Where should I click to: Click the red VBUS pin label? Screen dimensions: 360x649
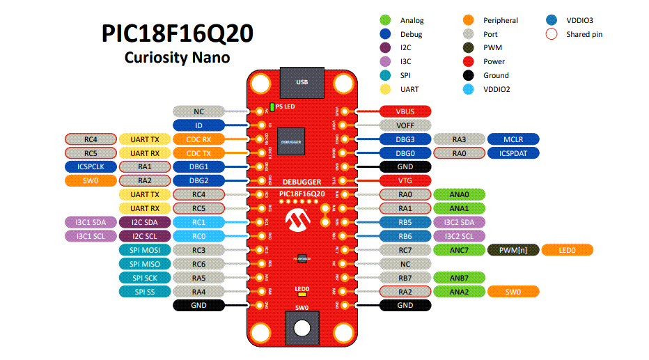[x=405, y=111]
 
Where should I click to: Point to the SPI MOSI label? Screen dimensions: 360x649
[x=145, y=250]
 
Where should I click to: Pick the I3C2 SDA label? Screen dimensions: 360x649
[x=459, y=222]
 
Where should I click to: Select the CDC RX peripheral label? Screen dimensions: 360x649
[x=198, y=139]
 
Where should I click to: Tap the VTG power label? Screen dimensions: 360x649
[x=405, y=180]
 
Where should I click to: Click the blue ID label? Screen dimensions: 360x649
[x=198, y=125]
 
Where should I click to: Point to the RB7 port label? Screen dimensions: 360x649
[x=405, y=277]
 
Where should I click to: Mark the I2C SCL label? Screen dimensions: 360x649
[x=145, y=236]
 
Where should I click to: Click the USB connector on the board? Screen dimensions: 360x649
[x=302, y=83]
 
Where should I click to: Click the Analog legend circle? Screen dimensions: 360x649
[x=385, y=20]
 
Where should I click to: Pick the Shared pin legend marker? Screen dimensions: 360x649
[x=552, y=34]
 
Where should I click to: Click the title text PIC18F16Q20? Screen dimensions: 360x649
[x=177, y=33]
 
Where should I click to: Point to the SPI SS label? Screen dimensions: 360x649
[x=145, y=291]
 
